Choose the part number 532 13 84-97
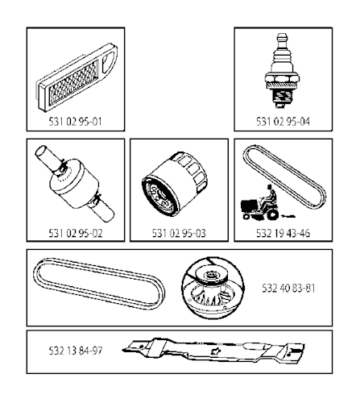click(76, 351)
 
